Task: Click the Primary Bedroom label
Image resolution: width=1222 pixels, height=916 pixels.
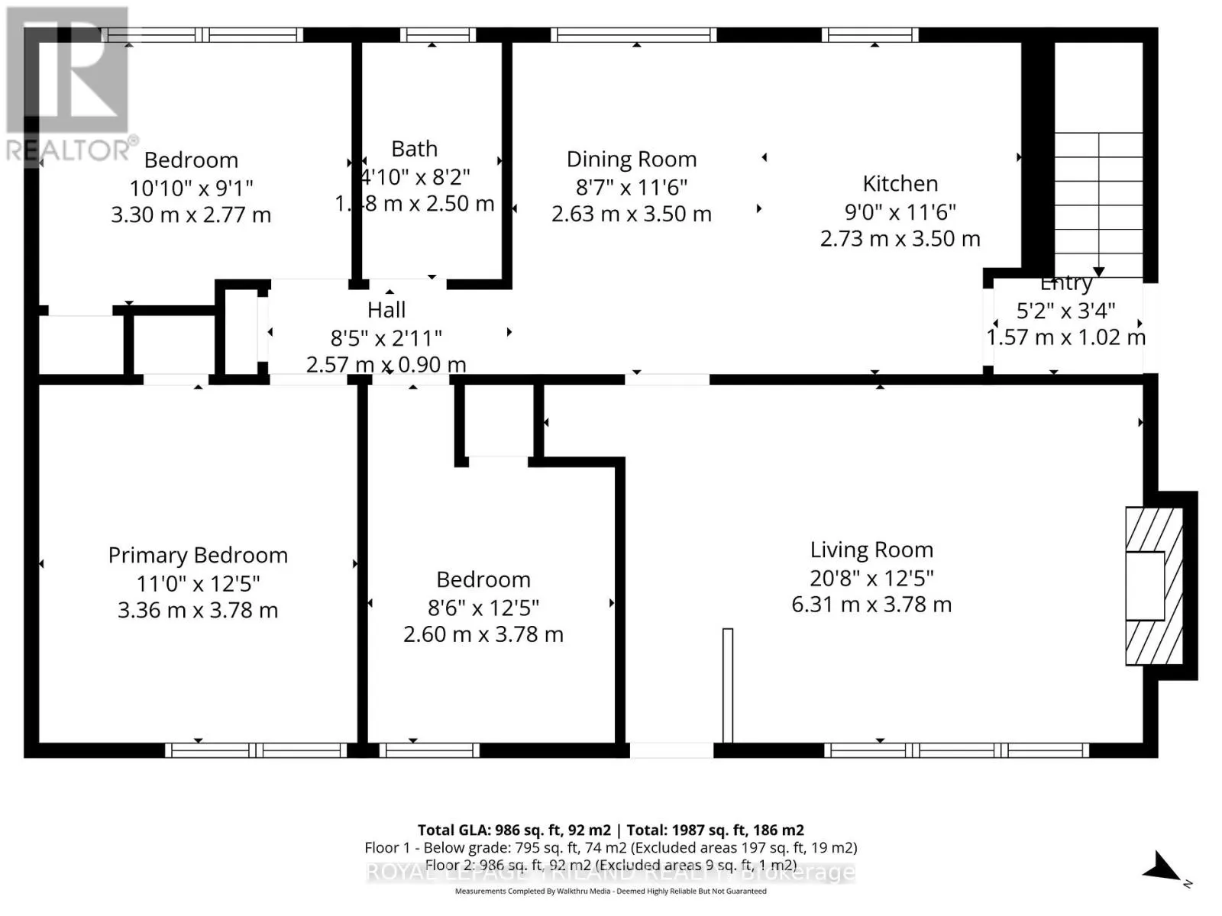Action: pos(198,555)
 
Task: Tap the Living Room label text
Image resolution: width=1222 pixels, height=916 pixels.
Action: pos(871,550)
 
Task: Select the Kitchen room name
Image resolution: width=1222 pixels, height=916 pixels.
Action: pos(900,183)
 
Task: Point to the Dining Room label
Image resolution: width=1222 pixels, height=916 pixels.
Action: pos(631,159)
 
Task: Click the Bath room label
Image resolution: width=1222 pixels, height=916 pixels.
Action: pos(414,148)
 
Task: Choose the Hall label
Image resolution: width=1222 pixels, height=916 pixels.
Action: pos(386,310)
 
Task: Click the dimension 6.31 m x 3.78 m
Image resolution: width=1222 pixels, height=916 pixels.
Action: pos(871,605)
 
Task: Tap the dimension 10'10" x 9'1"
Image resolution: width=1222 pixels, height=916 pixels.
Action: pos(191,187)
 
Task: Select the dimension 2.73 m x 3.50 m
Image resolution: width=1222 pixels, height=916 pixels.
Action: pos(900,238)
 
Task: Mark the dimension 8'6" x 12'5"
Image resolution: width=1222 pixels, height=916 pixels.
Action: pos(483,608)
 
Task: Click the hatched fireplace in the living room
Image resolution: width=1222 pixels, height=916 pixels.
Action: pos(1153,585)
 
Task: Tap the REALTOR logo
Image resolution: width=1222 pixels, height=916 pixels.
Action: pos(69,84)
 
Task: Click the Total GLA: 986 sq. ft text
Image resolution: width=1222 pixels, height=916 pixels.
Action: pos(513,830)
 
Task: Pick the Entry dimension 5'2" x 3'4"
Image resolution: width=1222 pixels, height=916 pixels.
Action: pos(1065,311)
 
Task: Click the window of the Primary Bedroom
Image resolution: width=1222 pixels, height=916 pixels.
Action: pos(256,750)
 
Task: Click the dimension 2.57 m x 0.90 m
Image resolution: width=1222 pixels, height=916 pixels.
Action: pos(386,365)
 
